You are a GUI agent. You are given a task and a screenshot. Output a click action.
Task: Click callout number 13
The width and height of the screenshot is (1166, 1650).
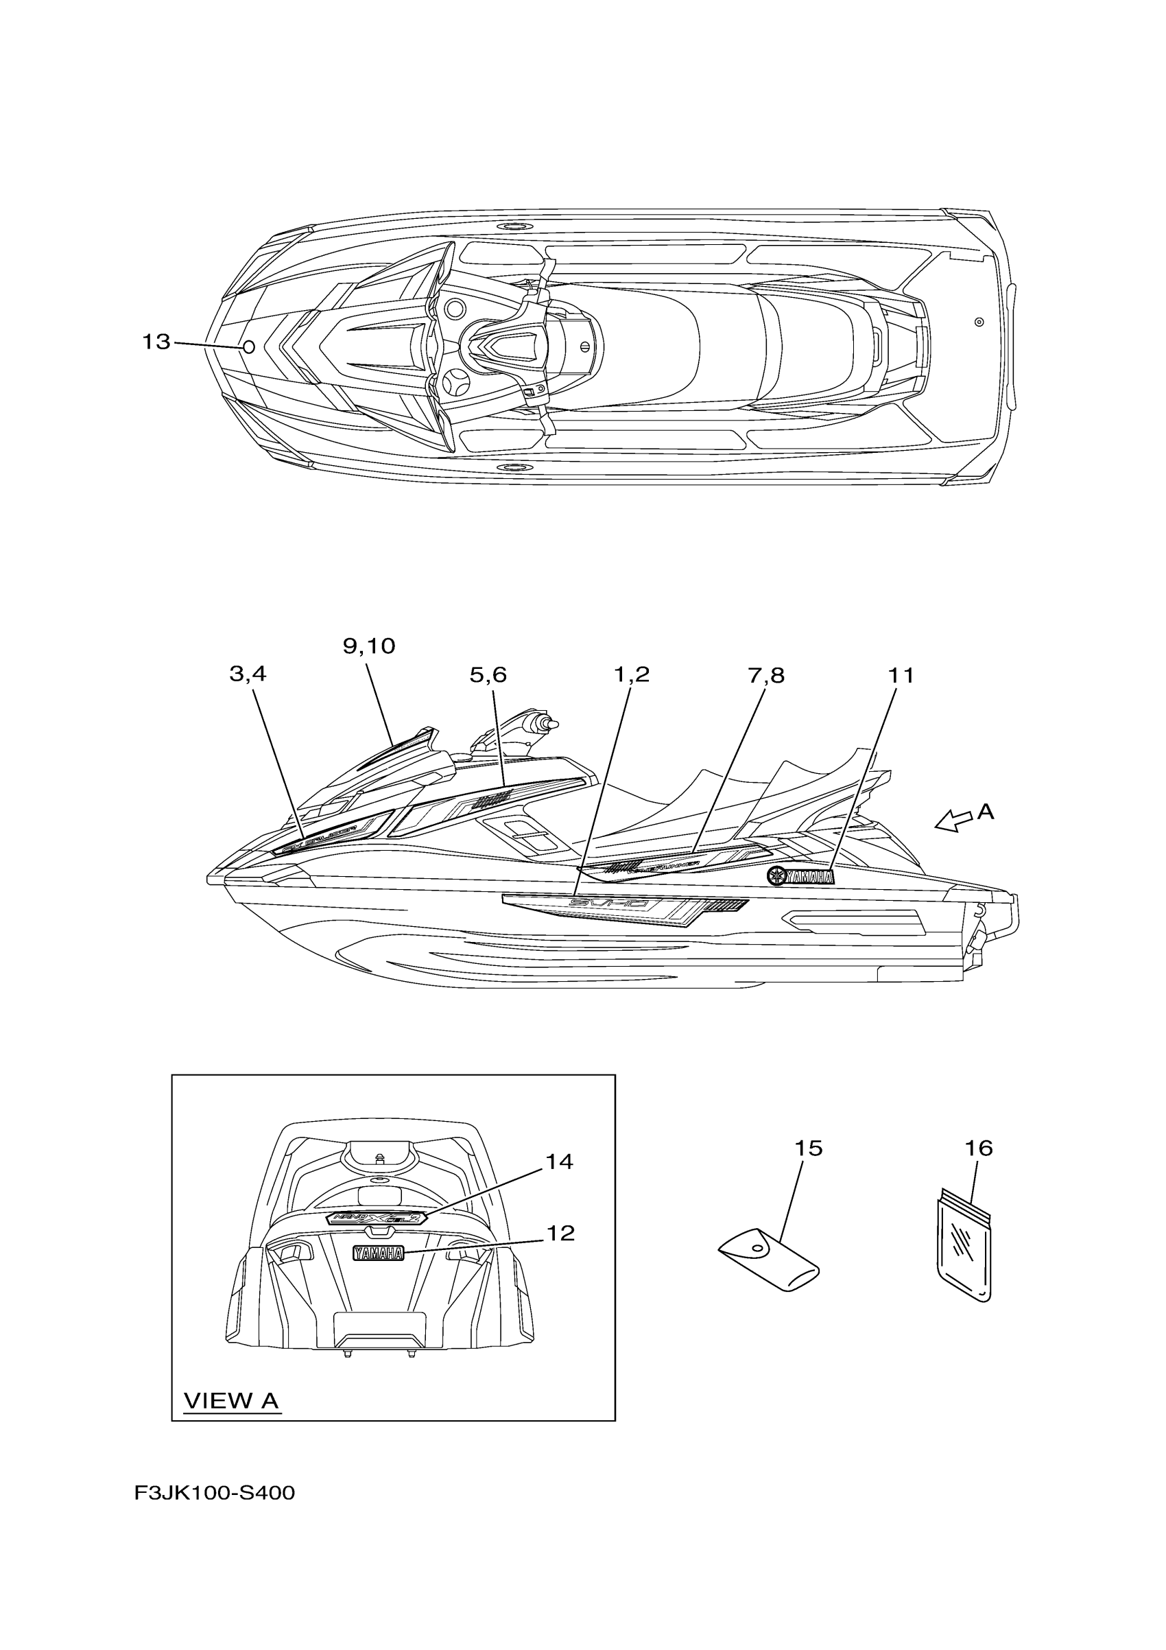[x=156, y=342]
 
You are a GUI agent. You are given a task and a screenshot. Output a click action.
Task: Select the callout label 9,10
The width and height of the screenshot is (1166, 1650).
[x=368, y=647]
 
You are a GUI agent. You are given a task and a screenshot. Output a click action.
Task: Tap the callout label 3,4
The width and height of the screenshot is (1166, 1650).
[x=248, y=674]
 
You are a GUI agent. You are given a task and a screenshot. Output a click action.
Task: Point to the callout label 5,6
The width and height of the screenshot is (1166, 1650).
[x=488, y=675]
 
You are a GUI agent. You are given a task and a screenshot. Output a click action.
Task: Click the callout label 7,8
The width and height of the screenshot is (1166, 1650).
[x=766, y=676]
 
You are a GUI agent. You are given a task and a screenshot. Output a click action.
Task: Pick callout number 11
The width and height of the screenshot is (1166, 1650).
[x=901, y=676]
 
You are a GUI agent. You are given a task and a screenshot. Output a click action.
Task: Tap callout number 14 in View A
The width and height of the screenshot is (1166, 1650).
[x=559, y=1162]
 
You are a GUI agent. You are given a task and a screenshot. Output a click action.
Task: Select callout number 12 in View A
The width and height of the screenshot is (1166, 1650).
[x=560, y=1233]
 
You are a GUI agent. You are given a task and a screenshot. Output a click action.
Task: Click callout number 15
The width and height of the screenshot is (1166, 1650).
[x=808, y=1148]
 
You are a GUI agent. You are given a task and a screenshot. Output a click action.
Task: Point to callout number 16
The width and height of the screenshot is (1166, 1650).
[x=979, y=1148]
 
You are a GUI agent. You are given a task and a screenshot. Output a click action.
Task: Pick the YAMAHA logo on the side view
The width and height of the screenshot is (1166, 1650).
[x=800, y=877]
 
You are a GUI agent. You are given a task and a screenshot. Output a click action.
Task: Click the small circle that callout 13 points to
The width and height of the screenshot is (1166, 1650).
[x=248, y=348]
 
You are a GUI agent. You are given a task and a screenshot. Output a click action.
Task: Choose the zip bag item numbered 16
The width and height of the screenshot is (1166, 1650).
[x=965, y=1247]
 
